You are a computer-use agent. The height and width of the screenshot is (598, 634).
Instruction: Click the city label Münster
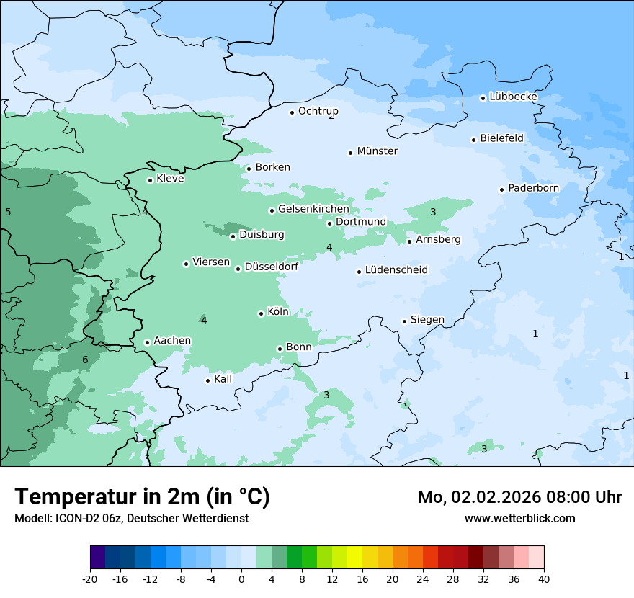(377, 151)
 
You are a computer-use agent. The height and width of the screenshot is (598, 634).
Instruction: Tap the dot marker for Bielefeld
(473, 140)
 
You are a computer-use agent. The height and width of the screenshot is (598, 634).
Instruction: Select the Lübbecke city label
(513, 97)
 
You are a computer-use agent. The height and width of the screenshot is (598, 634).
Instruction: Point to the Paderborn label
(533, 188)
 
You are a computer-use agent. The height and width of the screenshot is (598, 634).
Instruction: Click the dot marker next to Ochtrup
(292, 112)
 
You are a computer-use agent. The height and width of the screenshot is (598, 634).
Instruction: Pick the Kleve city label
(170, 179)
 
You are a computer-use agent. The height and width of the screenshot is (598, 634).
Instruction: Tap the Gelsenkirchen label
(313, 209)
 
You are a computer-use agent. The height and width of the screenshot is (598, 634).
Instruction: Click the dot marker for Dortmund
(329, 223)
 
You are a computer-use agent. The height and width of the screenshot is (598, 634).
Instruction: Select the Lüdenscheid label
(396, 270)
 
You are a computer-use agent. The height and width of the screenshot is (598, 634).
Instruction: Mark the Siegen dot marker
(404, 321)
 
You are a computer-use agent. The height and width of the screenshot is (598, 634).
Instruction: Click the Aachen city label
(172, 341)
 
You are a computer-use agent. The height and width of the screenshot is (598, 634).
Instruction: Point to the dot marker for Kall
(207, 380)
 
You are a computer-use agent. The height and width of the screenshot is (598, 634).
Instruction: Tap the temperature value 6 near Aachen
(85, 360)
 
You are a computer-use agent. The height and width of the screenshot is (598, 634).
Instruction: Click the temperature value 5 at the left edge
(8, 212)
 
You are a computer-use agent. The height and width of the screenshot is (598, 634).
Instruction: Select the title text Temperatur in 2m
(142, 496)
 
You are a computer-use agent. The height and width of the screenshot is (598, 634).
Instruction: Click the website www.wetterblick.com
(519, 518)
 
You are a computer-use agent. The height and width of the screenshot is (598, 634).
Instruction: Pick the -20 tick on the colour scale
(90, 579)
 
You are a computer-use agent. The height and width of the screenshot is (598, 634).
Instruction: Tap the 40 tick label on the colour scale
(543, 579)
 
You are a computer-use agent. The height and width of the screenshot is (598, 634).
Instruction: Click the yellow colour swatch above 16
(354, 558)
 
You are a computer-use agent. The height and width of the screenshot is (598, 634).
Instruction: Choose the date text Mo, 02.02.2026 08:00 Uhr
(519, 497)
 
